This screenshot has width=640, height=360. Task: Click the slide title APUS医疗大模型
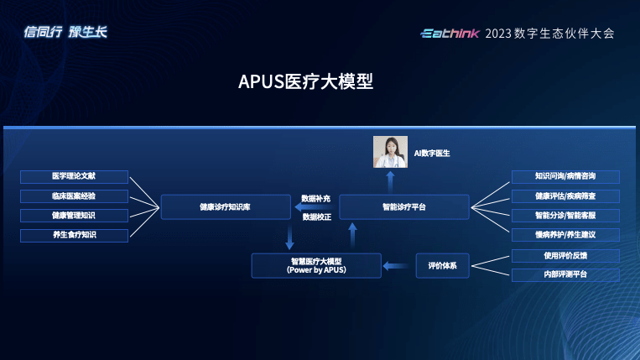305,82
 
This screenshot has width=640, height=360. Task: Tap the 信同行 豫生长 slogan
65,33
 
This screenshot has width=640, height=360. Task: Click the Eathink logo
450,34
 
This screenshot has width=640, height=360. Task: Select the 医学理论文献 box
74,177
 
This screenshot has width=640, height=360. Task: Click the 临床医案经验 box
74,196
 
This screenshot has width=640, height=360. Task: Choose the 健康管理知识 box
74,216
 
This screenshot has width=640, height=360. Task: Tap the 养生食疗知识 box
74,235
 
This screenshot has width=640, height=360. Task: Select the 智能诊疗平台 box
403,206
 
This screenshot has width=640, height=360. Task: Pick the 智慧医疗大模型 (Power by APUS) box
316,266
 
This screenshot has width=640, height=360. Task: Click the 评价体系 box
442,266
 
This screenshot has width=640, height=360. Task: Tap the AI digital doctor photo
390,152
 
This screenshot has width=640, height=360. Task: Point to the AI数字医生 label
432,154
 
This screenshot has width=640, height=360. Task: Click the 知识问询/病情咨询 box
565,177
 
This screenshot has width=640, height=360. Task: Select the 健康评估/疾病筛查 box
565,196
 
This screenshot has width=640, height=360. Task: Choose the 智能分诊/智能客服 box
565,216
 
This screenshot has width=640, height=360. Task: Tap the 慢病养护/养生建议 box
565,235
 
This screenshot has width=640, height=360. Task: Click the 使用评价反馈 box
565,255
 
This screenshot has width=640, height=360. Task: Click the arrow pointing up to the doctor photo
390,182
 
